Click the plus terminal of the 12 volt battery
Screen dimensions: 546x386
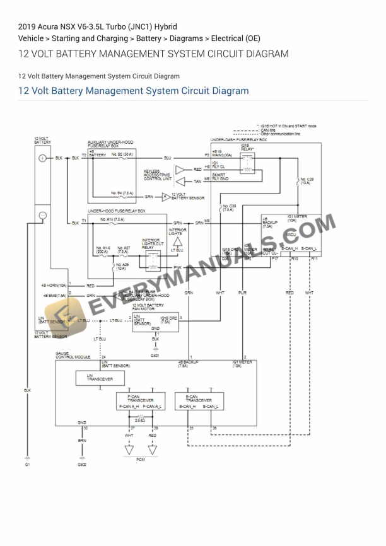point(43,158)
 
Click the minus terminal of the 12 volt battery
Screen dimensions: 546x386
point(43,216)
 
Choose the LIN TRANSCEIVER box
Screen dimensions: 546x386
point(95,378)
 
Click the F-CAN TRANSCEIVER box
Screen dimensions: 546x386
point(140,402)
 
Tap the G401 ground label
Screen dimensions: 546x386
point(155,356)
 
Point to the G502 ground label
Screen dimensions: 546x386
point(82,465)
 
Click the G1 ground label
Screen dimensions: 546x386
point(27,465)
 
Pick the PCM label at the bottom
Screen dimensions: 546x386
point(141,460)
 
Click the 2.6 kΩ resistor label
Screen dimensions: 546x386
point(141,419)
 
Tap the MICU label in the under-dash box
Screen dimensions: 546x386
point(291,234)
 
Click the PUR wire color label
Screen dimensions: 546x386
point(243,293)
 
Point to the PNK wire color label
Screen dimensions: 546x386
point(177,267)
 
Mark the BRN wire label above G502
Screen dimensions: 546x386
point(82,440)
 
